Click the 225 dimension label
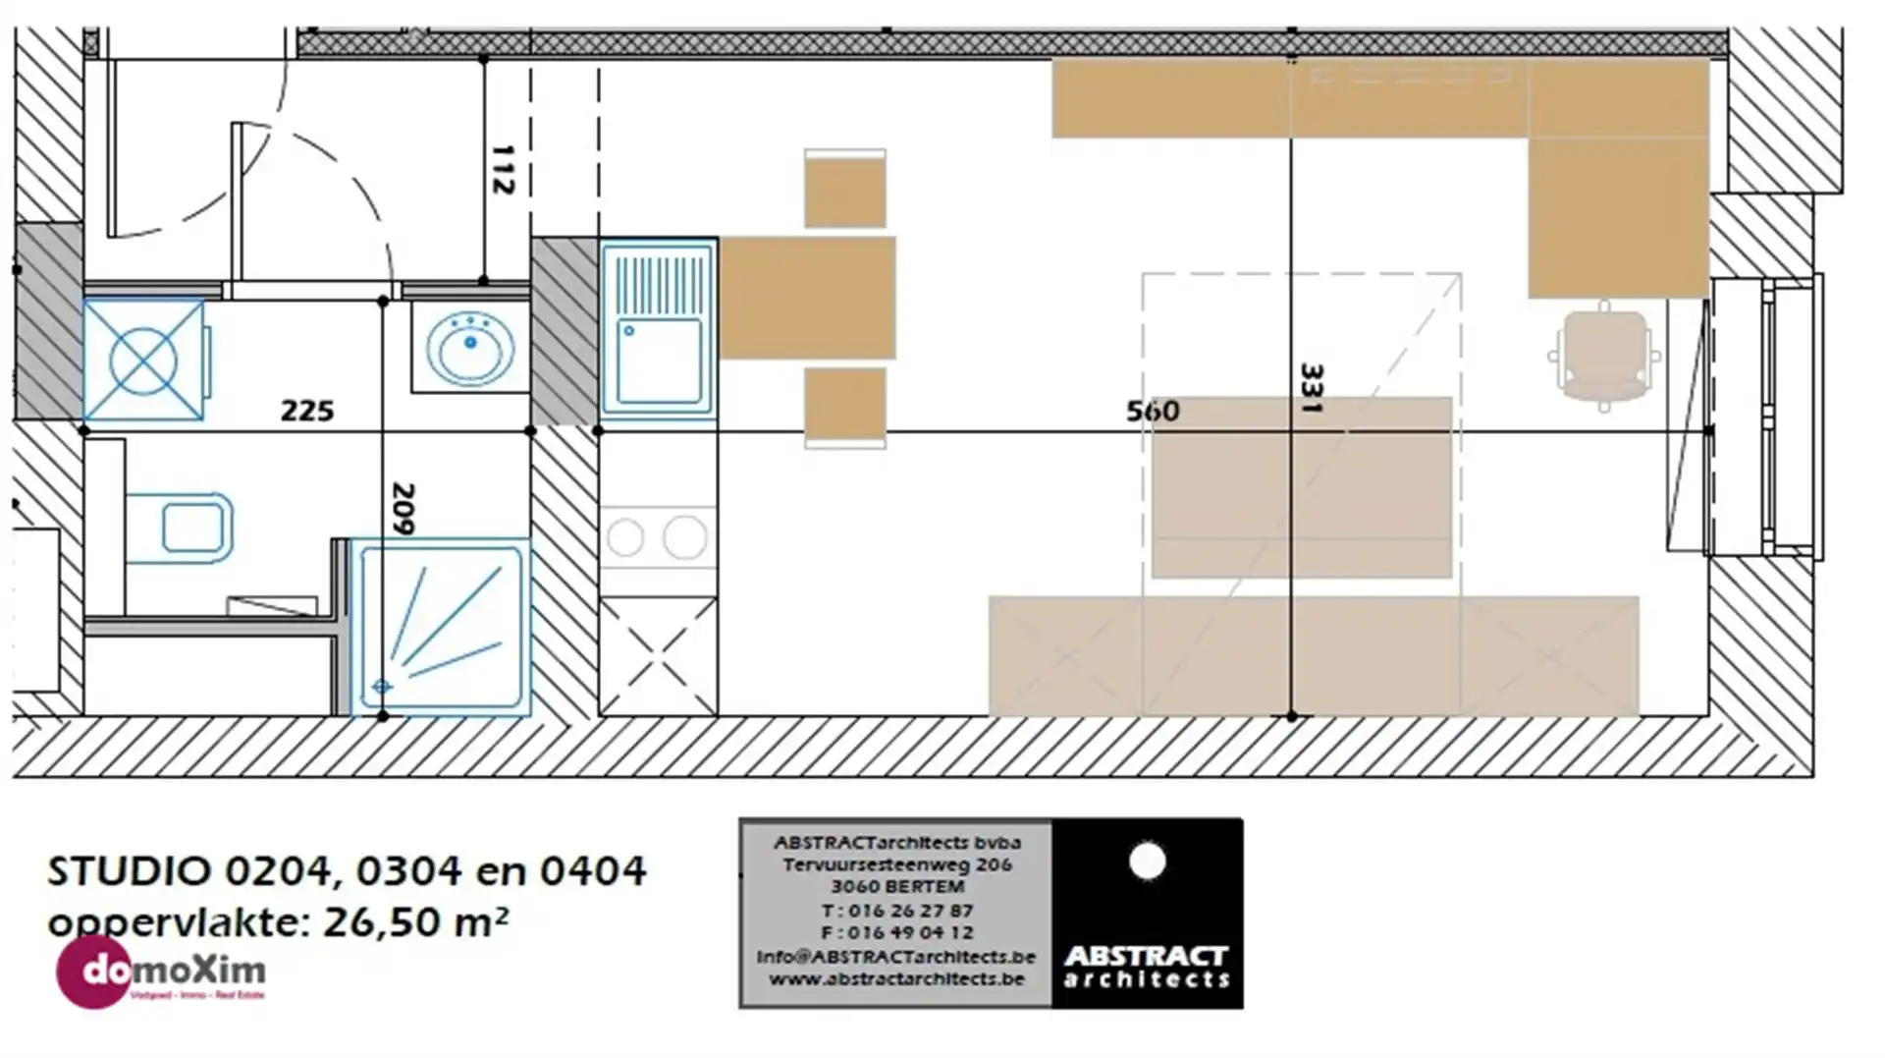307,411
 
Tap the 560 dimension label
1153,411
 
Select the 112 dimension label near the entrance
502,170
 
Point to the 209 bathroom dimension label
403,508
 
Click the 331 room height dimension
1312,388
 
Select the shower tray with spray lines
440,627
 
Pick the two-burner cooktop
658,537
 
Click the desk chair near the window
1604,356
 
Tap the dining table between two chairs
807,298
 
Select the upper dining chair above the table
845,190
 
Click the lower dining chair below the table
845,406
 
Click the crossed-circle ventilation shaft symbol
143,362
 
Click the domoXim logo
161,972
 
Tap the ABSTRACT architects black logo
1147,913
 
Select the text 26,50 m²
415,922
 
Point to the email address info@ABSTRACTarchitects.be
896,957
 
